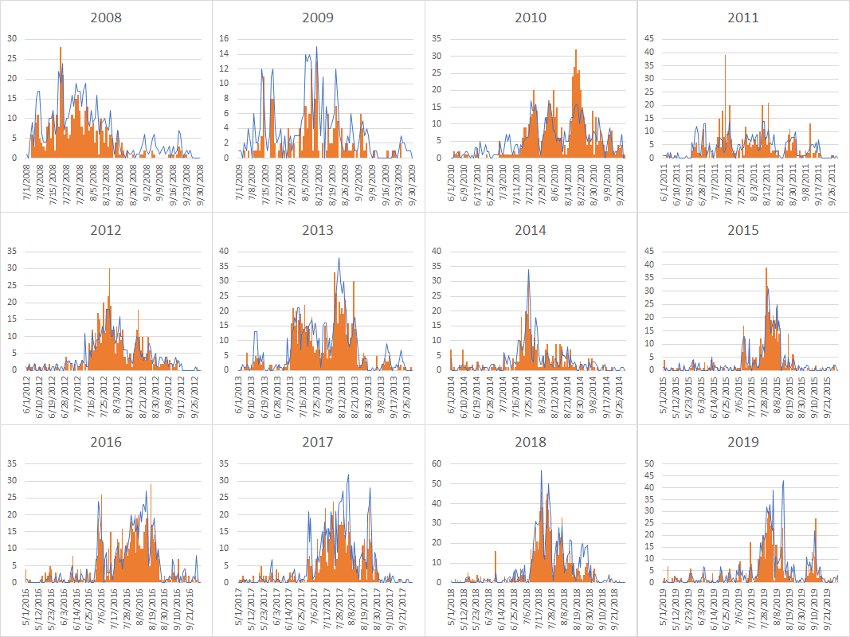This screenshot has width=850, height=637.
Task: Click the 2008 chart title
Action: coord(106,17)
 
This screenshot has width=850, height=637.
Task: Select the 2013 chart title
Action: coord(318,230)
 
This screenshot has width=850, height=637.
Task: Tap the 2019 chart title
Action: coord(742,442)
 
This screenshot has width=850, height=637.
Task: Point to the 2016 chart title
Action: coord(106,442)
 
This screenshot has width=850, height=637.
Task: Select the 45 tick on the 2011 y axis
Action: coord(649,38)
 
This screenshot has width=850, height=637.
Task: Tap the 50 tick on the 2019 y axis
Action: coord(649,463)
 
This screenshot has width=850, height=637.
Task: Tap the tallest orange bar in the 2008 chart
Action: coord(61,48)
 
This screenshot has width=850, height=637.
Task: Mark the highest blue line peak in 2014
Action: coord(528,270)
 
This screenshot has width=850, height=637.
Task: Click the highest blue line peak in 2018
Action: coord(542,471)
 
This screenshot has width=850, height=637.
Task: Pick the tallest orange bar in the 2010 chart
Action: coord(576,50)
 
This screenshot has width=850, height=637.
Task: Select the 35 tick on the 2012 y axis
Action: coord(13,251)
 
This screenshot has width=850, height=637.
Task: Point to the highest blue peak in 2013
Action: coord(339,258)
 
